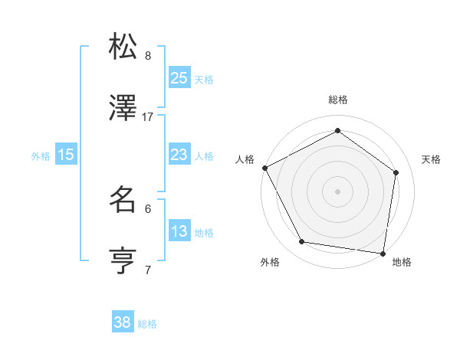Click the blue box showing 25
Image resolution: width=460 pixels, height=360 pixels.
click(179, 77)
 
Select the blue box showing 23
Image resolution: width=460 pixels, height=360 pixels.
click(179, 155)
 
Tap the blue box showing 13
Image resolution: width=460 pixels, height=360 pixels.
click(179, 231)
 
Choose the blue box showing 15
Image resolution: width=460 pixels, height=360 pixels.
click(66, 155)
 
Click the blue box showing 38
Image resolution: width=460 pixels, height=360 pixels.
click(122, 322)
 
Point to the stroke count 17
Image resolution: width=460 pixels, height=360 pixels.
click(148, 117)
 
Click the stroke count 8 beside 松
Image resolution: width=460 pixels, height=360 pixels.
click(148, 55)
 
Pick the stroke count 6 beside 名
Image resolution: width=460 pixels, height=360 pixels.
click(148, 208)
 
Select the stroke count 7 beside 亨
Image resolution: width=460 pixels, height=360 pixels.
click(148, 270)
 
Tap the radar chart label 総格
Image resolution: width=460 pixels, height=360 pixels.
click(337, 100)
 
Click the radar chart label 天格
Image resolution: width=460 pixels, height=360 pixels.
click(431, 159)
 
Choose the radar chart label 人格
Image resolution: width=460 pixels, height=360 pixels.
click(245, 159)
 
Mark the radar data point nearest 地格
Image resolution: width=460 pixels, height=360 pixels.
click(383, 253)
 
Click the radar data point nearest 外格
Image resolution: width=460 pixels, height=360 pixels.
click(302, 242)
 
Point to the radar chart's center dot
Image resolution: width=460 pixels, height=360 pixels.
click(337, 191)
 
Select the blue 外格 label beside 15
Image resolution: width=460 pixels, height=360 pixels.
click(41, 155)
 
